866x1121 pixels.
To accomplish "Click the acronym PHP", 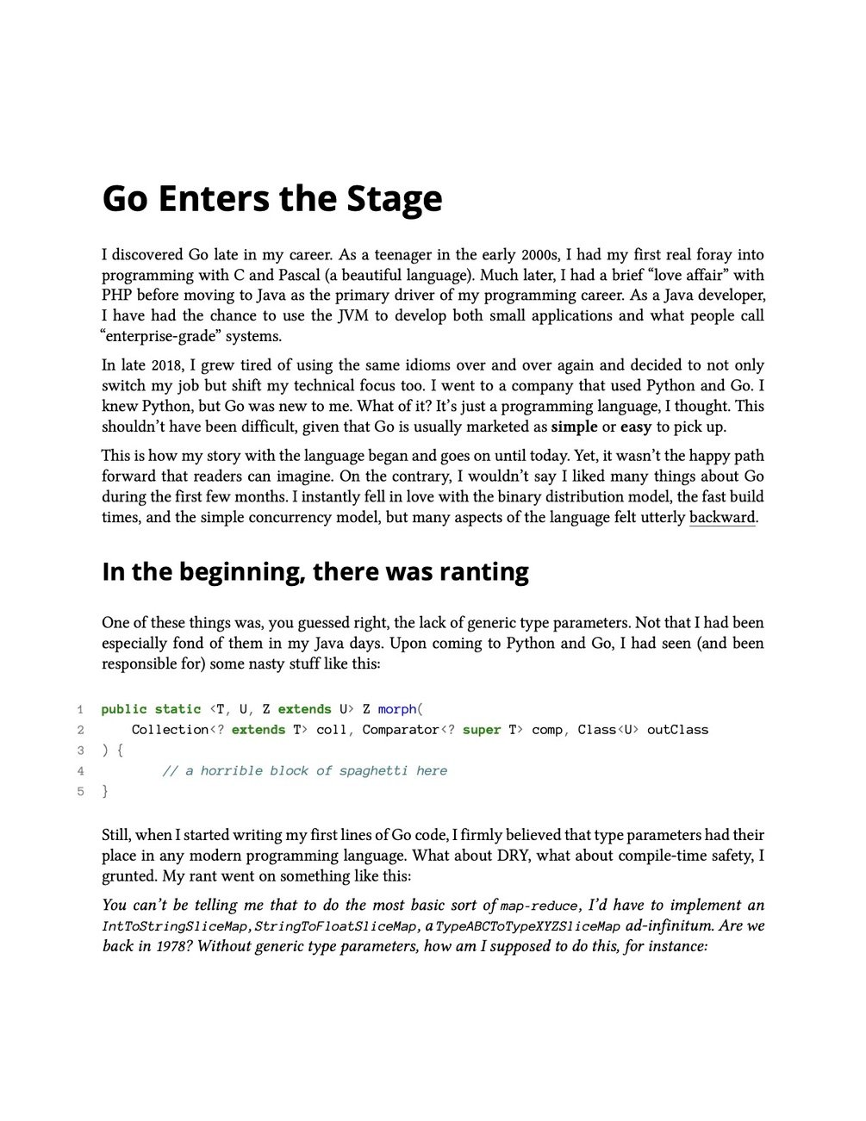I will (117, 296).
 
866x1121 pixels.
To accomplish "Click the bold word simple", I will (574, 427).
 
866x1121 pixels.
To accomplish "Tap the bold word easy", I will (636, 427).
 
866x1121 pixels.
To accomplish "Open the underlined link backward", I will (722, 518).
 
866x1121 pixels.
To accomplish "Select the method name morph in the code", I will (396, 709).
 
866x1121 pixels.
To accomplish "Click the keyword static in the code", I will (178, 709).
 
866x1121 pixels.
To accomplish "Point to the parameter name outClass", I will (677, 730).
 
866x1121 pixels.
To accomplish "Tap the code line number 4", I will (80, 771).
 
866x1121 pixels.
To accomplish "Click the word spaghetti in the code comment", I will (373, 771).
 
